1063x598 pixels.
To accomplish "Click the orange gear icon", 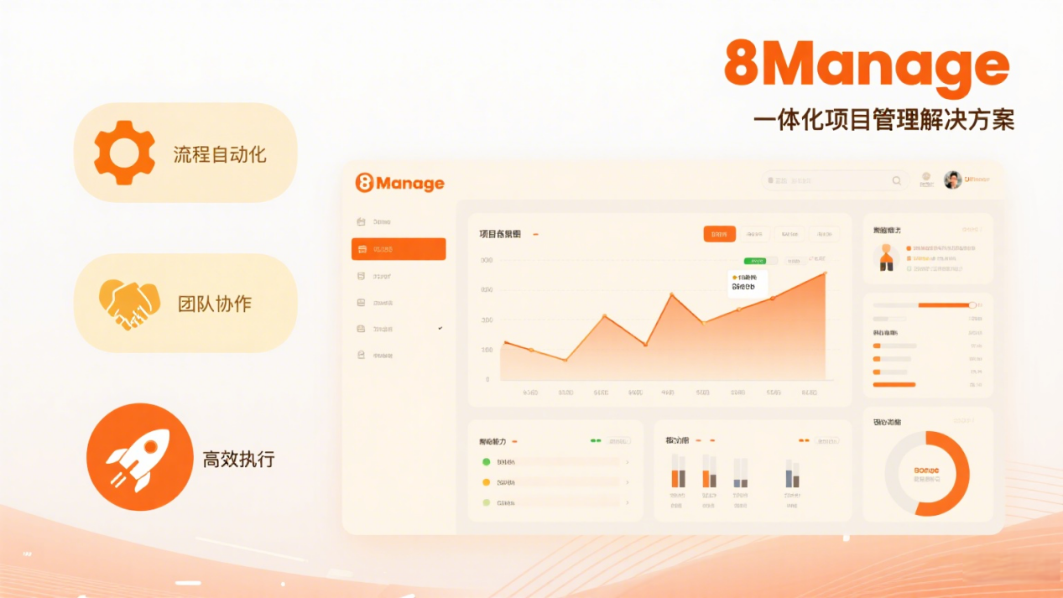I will click(x=124, y=153).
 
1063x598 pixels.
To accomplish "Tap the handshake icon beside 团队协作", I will click(x=129, y=304).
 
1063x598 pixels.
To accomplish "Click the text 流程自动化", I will click(x=220, y=154).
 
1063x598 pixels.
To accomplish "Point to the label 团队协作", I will click(x=214, y=304).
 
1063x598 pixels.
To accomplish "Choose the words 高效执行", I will click(x=238, y=459).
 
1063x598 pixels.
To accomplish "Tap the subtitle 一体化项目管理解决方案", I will click(x=883, y=120).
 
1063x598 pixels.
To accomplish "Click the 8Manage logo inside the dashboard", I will click(x=399, y=183).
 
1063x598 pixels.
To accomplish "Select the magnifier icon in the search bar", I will click(x=897, y=180).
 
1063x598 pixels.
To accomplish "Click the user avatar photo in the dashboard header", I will click(x=952, y=179).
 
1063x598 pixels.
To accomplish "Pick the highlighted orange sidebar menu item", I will click(x=399, y=249).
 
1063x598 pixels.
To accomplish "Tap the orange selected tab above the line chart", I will click(x=719, y=234).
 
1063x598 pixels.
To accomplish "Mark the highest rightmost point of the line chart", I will click(x=825, y=273).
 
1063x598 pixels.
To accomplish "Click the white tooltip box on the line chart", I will click(x=748, y=283).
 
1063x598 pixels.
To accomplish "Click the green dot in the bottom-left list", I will click(x=486, y=462).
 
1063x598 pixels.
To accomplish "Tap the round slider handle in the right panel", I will click(x=972, y=305).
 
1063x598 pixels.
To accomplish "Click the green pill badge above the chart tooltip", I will click(x=754, y=261).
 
